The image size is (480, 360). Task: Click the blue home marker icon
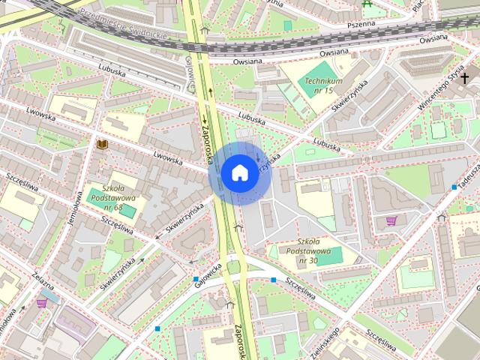tap(238, 172)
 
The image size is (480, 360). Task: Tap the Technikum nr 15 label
tap(324, 85)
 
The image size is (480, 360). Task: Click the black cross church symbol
tap(465, 78)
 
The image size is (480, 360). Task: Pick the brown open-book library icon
tap(102, 142)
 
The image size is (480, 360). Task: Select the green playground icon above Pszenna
tap(367, 4)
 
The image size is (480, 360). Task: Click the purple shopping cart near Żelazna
tap(42, 303)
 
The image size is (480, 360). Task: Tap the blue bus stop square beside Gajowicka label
tap(195, 280)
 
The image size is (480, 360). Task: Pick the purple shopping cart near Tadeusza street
tap(391, 220)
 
